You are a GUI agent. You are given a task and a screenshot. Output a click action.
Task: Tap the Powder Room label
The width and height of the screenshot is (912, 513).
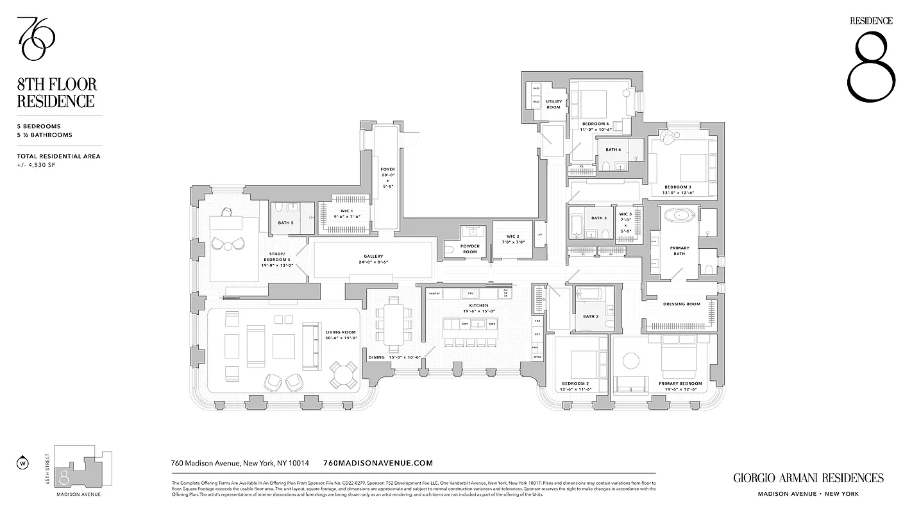[x=470, y=249]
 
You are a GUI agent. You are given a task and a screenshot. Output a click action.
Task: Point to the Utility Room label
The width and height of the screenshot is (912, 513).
[x=553, y=104]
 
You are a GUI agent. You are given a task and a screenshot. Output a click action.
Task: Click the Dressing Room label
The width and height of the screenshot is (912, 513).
[x=682, y=304]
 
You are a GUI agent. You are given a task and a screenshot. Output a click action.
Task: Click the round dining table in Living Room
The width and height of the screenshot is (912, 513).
[x=344, y=374]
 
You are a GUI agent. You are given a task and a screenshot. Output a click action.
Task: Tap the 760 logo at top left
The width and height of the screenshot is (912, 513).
[x=36, y=39]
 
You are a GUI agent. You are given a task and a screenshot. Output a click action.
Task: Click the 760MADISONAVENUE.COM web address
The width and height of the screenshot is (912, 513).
[x=379, y=463]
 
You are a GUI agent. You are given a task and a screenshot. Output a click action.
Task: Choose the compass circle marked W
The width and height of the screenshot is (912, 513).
[x=23, y=462]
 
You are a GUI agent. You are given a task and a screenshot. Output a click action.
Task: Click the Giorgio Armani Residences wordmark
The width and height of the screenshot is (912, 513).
[x=808, y=478]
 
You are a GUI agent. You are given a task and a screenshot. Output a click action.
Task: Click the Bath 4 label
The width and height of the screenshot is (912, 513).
[x=613, y=150]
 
